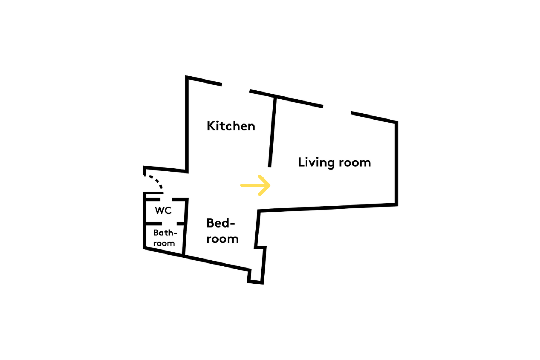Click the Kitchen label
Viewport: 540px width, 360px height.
click(x=231, y=126)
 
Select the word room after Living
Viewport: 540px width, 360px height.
click(x=355, y=163)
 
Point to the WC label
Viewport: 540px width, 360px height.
click(x=163, y=211)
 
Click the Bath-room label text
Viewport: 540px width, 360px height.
click(x=165, y=238)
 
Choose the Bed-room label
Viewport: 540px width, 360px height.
click(x=222, y=231)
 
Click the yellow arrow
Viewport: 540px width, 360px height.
click(x=256, y=185)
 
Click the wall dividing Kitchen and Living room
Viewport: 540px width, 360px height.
click(x=273, y=132)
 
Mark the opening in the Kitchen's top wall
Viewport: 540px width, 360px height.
click(x=235, y=88)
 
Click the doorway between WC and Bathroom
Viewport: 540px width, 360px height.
click(x=169, y=224)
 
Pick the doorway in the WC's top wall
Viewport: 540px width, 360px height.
click(x=166, y=199)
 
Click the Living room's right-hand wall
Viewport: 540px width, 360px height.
click(x=396, y=163)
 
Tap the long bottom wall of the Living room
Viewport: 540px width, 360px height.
click(x=328, y=208)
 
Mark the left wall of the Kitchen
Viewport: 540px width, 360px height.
click(x=187, y=124)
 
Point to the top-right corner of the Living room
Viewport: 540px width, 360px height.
click(x=396, y=122)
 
